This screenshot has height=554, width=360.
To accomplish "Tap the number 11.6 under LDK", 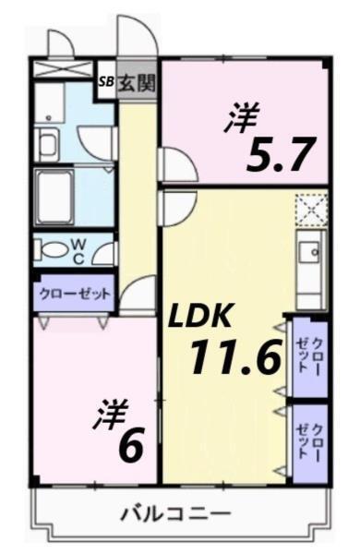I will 234,356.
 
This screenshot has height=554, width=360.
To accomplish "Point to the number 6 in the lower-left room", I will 130,447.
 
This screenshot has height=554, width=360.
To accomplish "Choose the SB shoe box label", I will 107,81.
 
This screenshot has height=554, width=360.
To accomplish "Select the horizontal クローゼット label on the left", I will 74,295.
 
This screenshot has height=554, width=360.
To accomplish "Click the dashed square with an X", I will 312,210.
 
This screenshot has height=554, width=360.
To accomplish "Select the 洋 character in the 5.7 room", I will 242,118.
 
